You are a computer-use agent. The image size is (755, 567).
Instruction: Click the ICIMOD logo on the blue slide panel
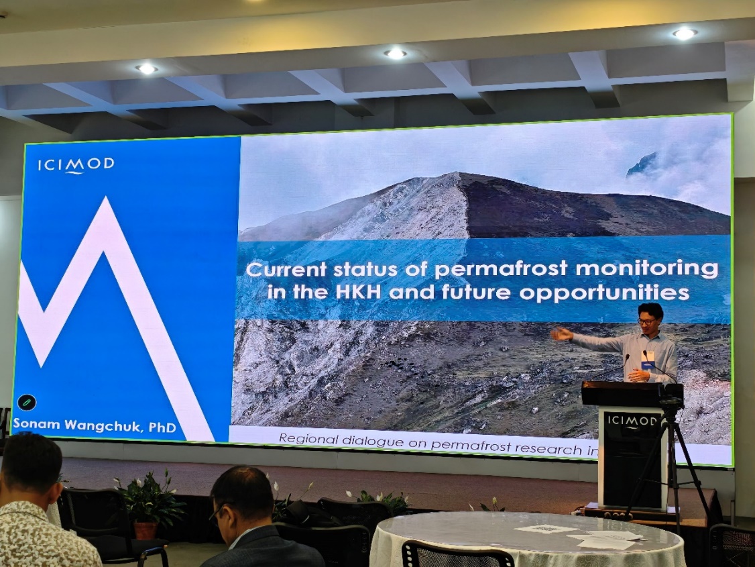(76, 165)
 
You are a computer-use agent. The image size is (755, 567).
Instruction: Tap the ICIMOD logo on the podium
(632, 421)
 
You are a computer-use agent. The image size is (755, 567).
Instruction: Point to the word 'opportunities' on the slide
(604, 293)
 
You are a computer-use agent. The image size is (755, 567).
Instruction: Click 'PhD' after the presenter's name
(162, 427)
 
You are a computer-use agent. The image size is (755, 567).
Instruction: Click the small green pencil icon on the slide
(27, 402)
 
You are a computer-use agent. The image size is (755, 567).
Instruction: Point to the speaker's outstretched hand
(561, 334)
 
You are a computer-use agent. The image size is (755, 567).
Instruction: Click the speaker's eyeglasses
(646, 321)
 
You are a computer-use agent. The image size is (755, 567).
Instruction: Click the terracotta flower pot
(146, 530)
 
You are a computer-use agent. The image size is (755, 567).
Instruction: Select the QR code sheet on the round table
(540, 529)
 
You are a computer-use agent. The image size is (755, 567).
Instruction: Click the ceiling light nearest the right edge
(684, 34)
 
